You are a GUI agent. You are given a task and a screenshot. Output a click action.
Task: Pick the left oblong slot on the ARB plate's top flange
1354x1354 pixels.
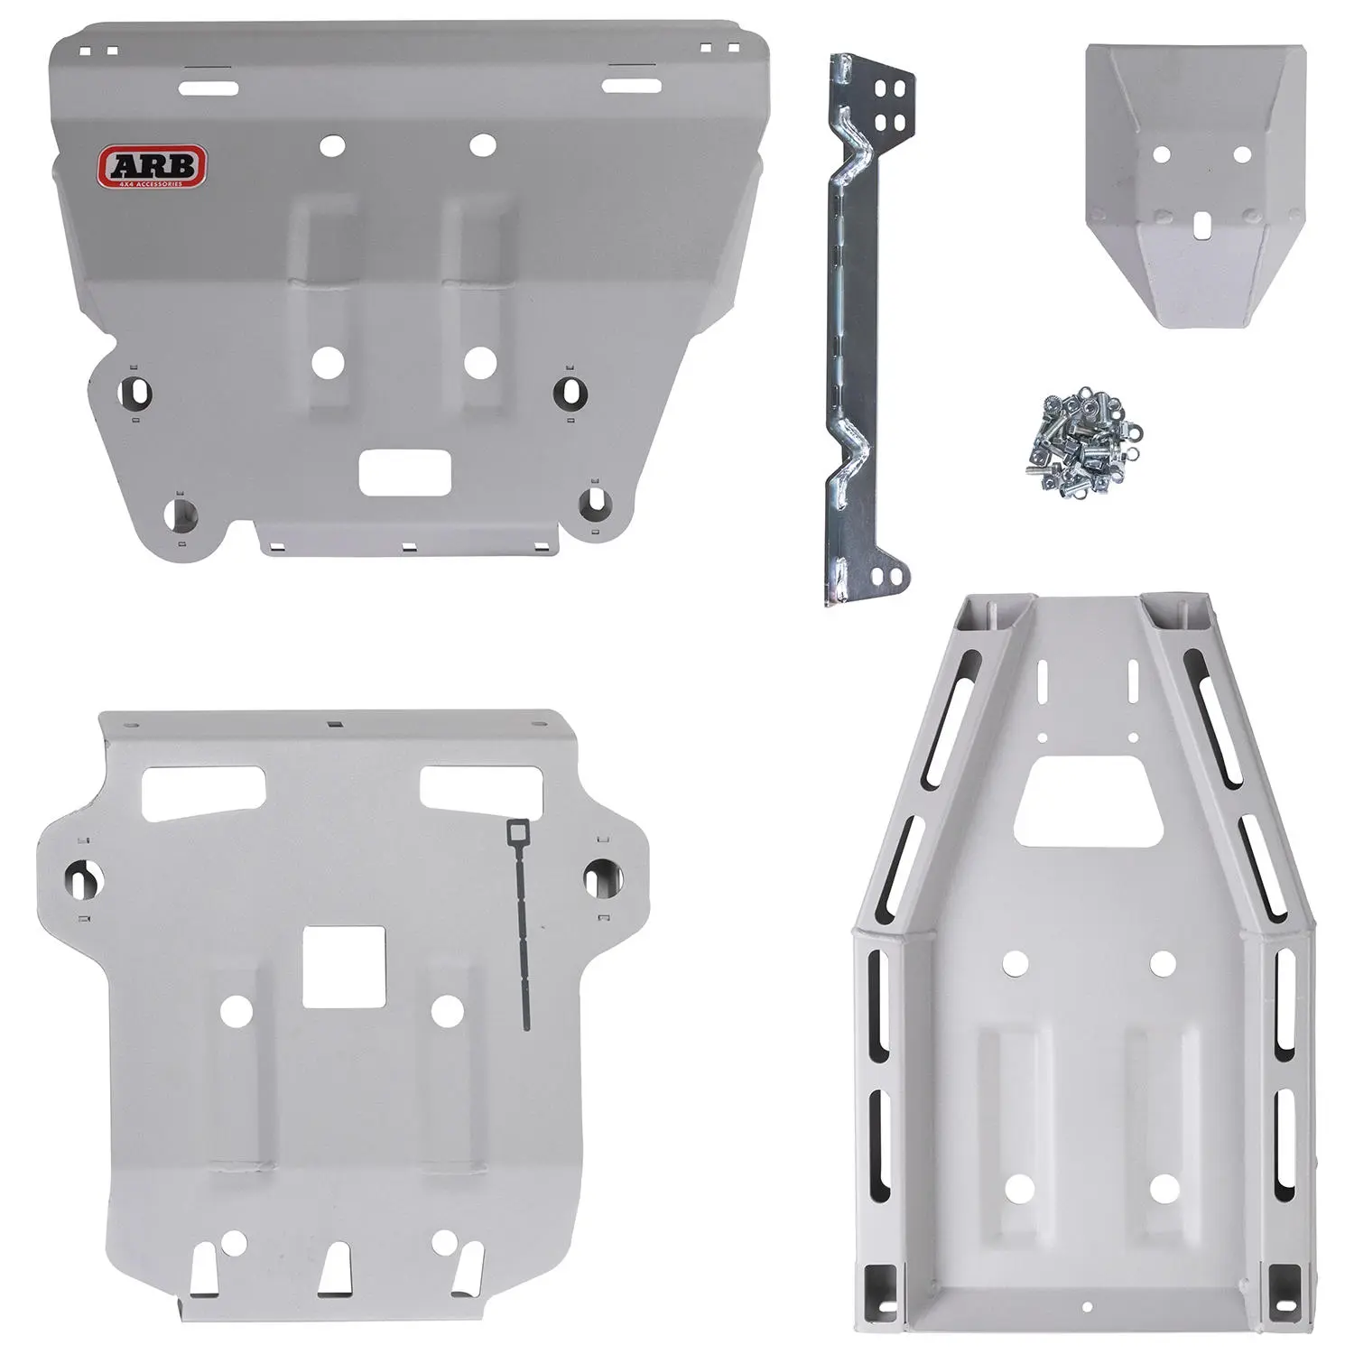(x=211, y=88)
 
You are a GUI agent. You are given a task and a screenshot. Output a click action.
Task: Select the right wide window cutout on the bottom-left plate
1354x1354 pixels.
(x=481, y=787)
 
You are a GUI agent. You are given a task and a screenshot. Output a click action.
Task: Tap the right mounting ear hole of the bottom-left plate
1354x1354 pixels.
(x=598, y=873)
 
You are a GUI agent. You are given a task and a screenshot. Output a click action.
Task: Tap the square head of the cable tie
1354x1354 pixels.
(x=519, y=829)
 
